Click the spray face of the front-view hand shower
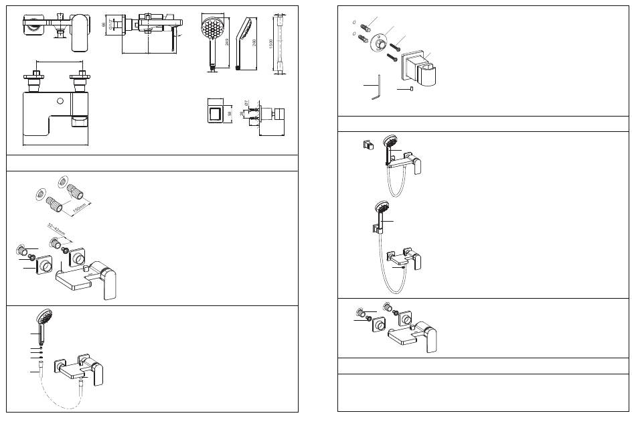click(x=214, y=29)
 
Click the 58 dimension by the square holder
click(x=230, y=114)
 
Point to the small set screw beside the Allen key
click(x=411, y=88)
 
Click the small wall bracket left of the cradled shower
click(x=367, y=145)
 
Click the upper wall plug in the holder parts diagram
click(x=365, y=27)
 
